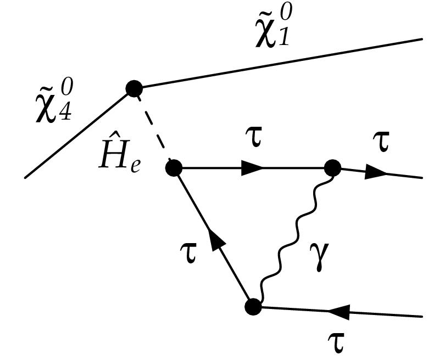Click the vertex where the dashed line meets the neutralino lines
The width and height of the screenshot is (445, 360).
coord(134,88)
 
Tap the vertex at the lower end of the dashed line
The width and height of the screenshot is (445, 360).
coord(174,167)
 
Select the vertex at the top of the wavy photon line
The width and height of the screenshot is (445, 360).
coord(332,167)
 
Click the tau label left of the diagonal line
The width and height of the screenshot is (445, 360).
coord(190,254)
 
